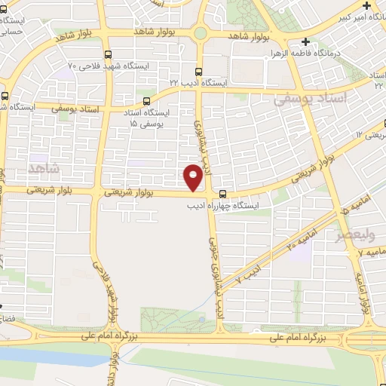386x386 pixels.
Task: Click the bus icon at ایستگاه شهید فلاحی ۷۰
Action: click(109, 54)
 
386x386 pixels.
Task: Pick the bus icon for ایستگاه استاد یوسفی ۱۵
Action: click(146, 100)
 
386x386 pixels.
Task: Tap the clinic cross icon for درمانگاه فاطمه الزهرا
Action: click(304, 42)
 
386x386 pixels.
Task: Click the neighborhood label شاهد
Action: click(43, 167)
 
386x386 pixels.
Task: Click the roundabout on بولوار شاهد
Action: click(200, 33)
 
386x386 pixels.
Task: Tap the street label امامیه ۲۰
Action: click(280, 245)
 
